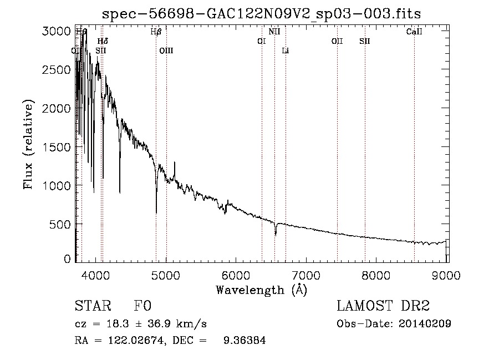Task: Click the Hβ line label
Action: pyautogui.click(x=156, y=32)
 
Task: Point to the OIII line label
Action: pyautogui.click(x=166, y=50)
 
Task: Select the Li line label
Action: pyautogui.click(x=286, y=50)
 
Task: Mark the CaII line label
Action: pyautogui.click(x=414, y=32)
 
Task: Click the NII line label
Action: pyautogui.click(x=274, y=32)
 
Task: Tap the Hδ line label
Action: pyautogui.click(x=103, y=41)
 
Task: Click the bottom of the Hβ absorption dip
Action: pyautogui.click(x=156, y=212)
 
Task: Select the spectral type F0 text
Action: pyautogui.click(x=143, y=306)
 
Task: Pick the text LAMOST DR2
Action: pyautogui.click(x=384, y=306)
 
